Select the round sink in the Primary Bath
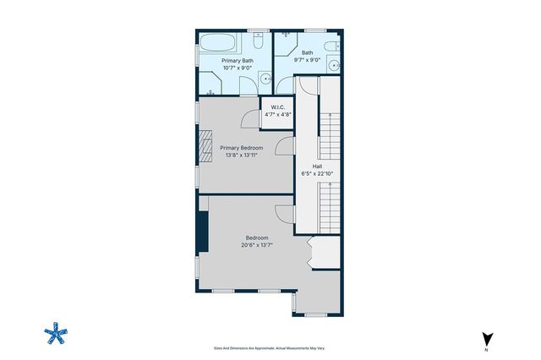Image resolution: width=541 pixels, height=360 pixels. [265, 81]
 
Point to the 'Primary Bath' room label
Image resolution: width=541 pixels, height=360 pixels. [237, 61]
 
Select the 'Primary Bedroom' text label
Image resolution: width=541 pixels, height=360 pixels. [241, 147]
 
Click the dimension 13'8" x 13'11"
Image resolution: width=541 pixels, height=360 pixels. [241, 155]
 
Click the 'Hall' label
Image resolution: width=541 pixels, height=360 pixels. [317, 166]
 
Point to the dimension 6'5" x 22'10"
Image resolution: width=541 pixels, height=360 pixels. [317, 175]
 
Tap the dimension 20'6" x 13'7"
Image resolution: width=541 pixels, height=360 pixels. [257, 246]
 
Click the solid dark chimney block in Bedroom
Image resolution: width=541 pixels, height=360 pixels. [202, 231]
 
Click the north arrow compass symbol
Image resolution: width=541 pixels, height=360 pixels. [486, 339]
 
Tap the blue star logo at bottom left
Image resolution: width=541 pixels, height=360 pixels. [55, 334]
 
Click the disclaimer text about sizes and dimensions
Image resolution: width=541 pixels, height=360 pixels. [270, 347]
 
